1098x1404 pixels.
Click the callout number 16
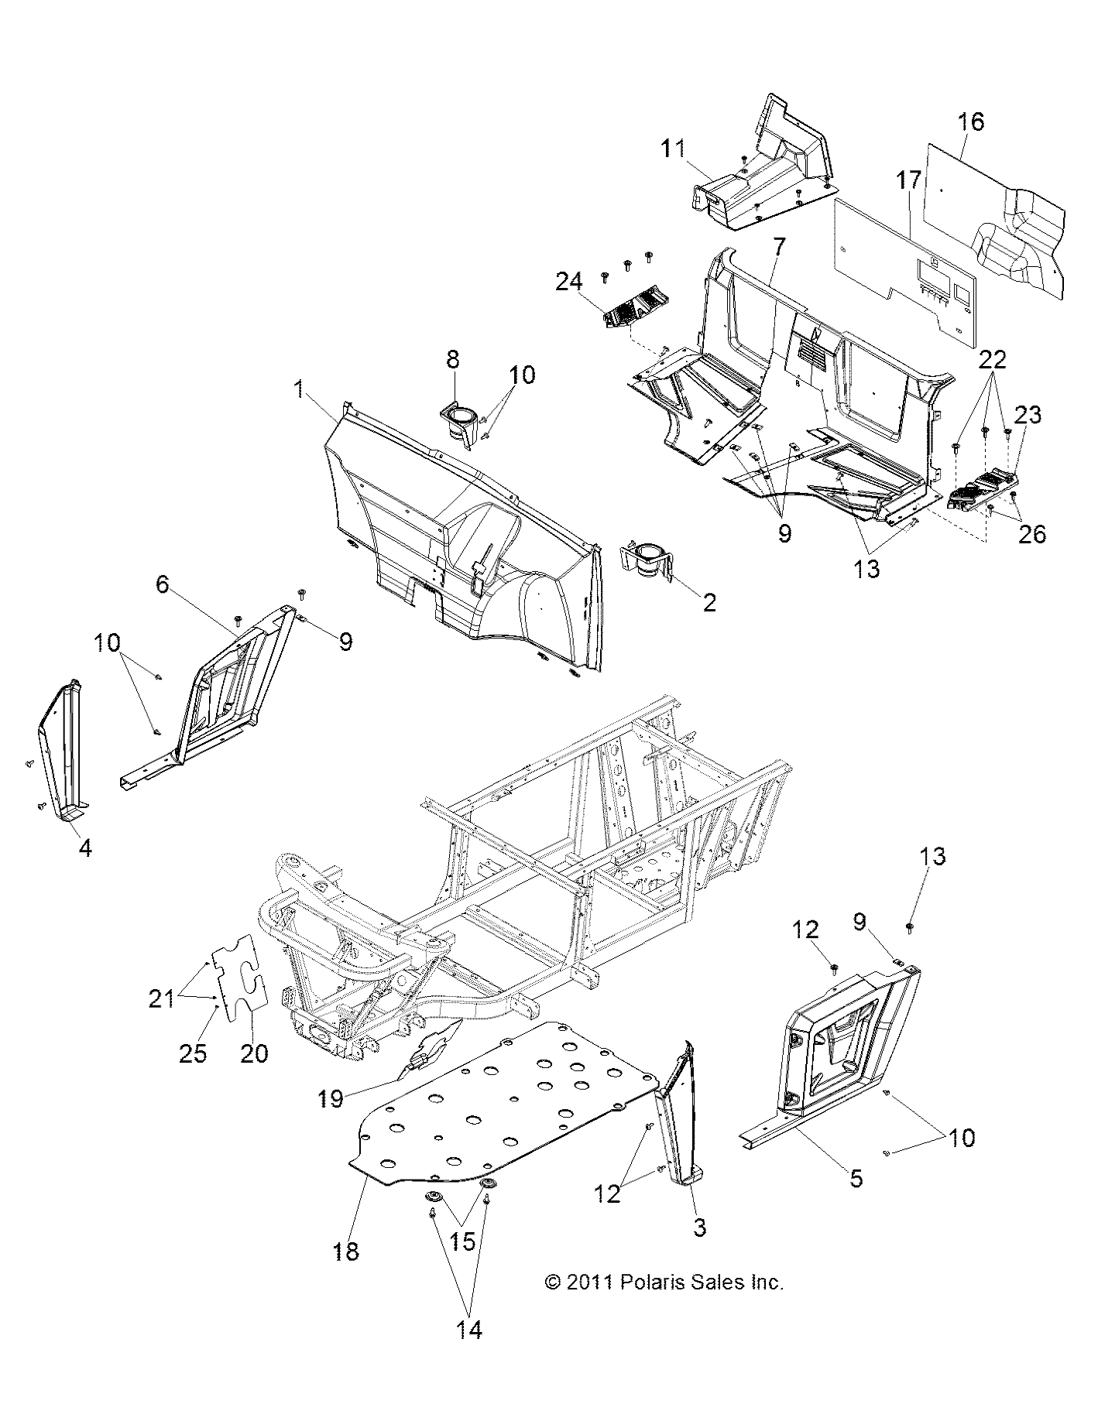[970, 122]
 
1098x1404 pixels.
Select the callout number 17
[909, 180]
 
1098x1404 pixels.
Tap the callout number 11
[673, 148]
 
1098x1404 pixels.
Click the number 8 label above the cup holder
[452, 359]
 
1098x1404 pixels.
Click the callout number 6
[163, 584]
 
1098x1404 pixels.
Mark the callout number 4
[85, 848]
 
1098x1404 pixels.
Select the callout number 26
[1034, 534]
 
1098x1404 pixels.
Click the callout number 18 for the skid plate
[346, 1252]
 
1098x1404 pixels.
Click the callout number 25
[193, 1054]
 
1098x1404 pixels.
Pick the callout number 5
[856, 1179]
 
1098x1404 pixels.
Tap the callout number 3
[699, 1228]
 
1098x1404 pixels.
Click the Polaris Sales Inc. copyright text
[664, 1282]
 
